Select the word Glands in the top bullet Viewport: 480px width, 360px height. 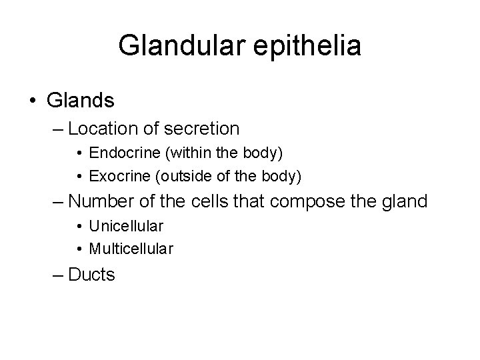click(81, 101)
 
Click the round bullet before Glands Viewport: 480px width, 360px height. click(34, 101)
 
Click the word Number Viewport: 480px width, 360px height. click(101, 201)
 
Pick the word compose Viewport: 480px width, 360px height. click(313, 201)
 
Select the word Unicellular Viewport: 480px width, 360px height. click(126, 226)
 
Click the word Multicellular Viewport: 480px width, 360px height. click(131, 249)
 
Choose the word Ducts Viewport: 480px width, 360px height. click(91, 274)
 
